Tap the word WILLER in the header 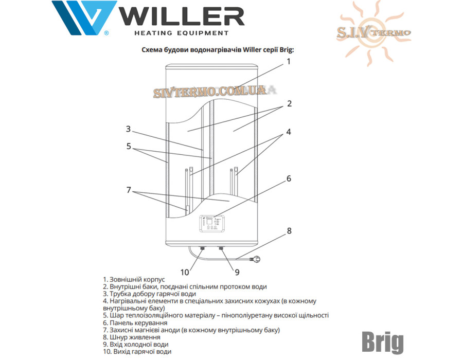pos(183,17)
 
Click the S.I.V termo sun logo pos(373,33)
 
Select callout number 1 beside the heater pos(289,61)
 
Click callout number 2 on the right pos(289,103)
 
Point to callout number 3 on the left pos(128,129)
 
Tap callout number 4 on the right pos(289,132)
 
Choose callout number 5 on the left pos(129,146)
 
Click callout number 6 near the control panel pos(289,178)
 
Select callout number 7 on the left pos(129,190)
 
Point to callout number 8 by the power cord pos(289,231)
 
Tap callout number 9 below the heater pos(237,273)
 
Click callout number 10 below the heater pos(185,273)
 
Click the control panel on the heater pos(212,224)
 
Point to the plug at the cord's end pos(255,259)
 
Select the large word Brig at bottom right pos(383,343)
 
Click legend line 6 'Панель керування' pos(135,323)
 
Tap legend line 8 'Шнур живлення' pos(132,337)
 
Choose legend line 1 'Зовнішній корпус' pos(134,279)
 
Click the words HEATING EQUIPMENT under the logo pos(182,33)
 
